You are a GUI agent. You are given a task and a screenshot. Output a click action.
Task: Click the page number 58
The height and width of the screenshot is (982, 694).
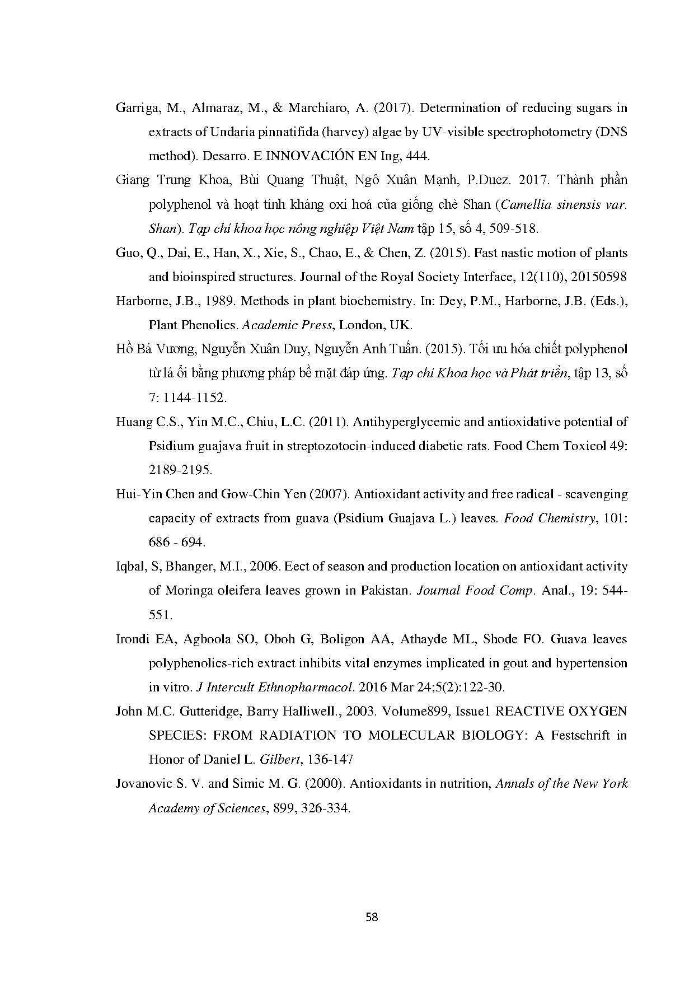coord(372,917)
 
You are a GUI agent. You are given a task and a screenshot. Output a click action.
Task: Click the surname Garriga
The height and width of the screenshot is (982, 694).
coord(134,109)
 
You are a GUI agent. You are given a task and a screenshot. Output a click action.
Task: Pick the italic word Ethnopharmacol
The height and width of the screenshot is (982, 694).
coord(307,688)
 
